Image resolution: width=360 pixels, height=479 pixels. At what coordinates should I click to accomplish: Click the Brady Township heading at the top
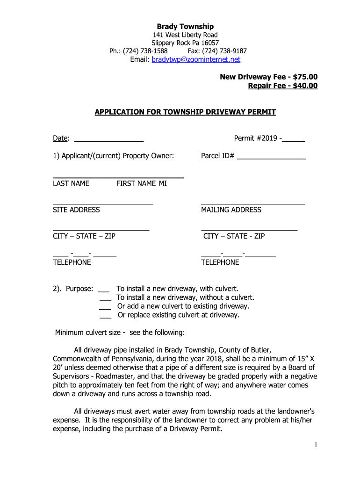[x=185, y=27]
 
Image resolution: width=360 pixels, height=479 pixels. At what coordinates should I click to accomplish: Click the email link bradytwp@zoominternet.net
[x=196, y=59]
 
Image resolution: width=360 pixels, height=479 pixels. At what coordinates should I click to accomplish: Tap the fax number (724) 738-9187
[x=217, y=51]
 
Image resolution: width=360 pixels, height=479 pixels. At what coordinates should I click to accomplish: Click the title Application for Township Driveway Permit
[x=185, y=112]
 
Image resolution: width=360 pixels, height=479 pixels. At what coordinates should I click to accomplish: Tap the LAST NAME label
[x=71, y=183]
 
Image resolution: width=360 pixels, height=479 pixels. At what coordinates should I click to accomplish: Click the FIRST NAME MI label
[x=141, y=183]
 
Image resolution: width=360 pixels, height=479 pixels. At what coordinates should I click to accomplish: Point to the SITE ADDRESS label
[x=76, y=210]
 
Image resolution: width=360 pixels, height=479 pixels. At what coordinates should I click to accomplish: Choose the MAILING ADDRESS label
[x=231, y=210]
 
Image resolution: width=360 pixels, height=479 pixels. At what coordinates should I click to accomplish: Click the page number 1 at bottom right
[x=316, y=445]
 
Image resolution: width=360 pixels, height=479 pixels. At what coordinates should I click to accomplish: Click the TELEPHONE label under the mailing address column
[x=220, y=262]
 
